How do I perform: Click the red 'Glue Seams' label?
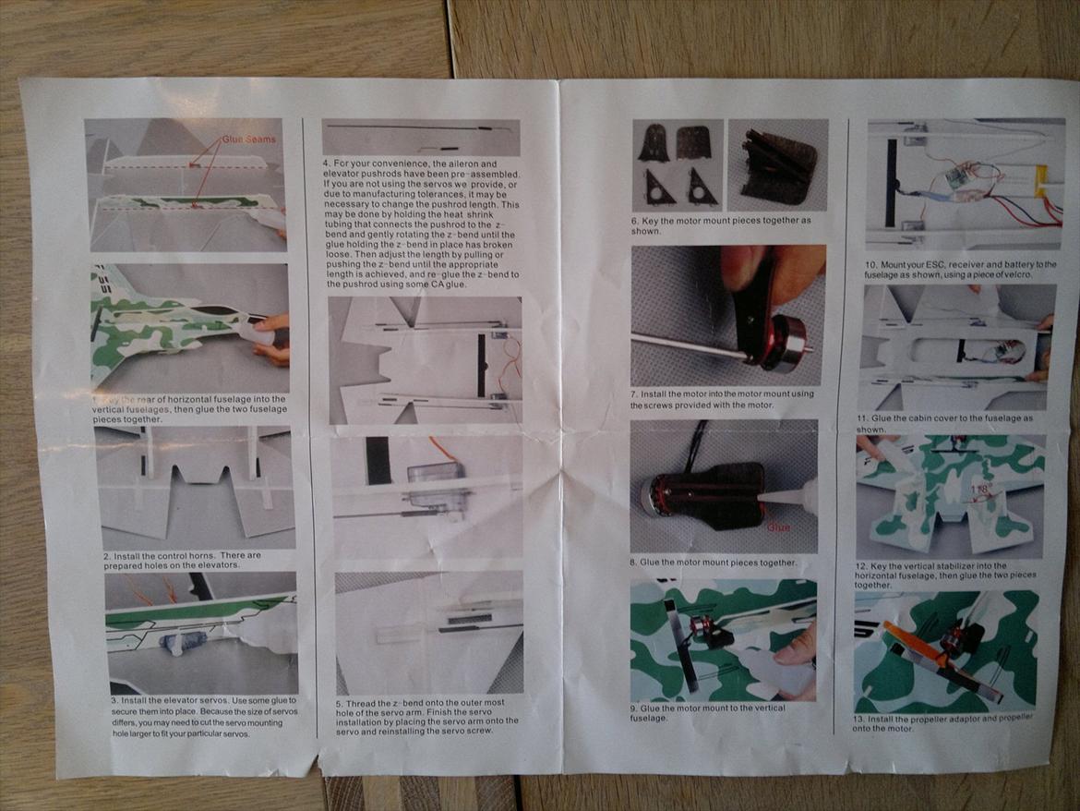248,139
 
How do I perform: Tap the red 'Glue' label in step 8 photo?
778,527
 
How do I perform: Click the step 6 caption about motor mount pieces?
721,225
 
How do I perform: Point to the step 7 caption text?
723,399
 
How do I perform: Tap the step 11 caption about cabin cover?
944,423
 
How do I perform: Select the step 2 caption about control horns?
183,560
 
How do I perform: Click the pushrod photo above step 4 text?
420,137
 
